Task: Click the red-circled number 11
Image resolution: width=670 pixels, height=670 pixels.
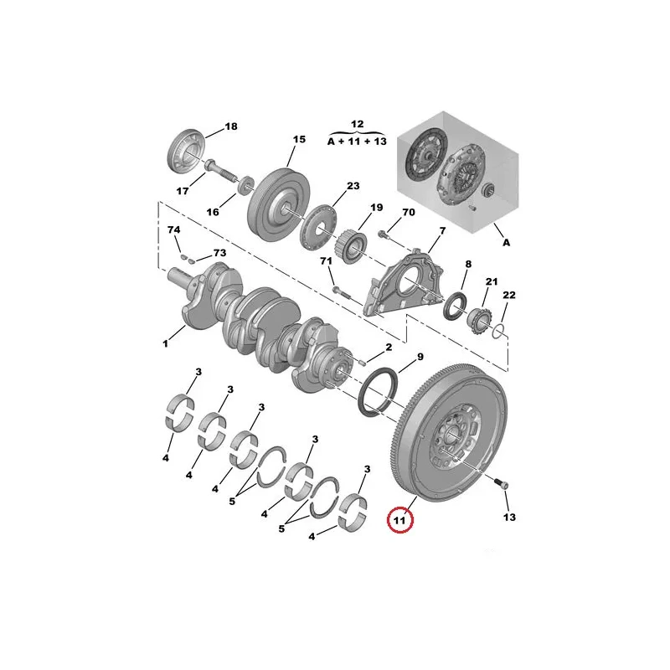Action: (x=399, y=520)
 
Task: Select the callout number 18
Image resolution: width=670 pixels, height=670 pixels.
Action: (x=231, y=126)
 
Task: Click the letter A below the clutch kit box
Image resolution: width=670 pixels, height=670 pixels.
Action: (x=507, y=243)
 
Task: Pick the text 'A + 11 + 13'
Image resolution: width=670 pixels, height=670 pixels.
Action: (x=357, y=141)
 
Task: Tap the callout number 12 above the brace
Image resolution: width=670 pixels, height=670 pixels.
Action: (x=358, y=124)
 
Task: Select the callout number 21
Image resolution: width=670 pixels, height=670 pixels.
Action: (x=492, y=281)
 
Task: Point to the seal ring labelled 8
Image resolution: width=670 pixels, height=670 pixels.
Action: (x=453, y=307)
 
